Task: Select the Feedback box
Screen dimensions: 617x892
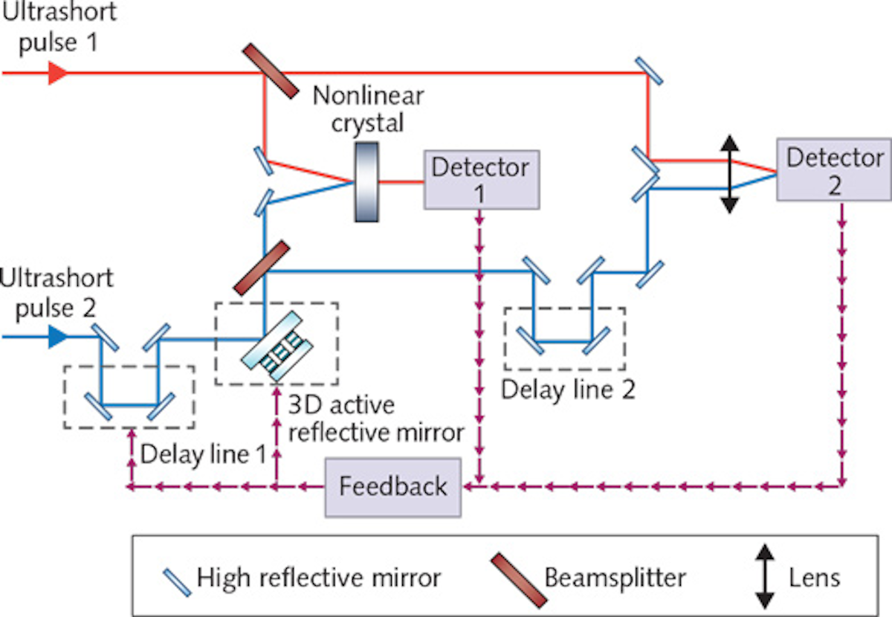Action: tap(393, 487)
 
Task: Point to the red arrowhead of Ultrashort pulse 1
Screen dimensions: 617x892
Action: tap(56, 73)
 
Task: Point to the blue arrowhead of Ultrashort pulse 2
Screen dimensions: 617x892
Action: tap(56, 337)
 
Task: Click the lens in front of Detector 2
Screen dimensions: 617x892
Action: tap(730, 174)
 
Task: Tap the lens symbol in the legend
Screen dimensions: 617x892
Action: tap(763, 577)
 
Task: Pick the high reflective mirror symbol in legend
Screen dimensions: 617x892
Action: tap(176, 578)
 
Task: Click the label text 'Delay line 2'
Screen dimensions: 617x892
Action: tap(569, 390)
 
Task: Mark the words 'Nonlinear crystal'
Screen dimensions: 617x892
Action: tap(368, 109)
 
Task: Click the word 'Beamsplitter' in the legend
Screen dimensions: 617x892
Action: tap(614, 578)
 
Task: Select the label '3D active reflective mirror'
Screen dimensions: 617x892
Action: tap(375, 419)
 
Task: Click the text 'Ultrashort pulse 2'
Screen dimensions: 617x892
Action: tap(57, 293)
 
